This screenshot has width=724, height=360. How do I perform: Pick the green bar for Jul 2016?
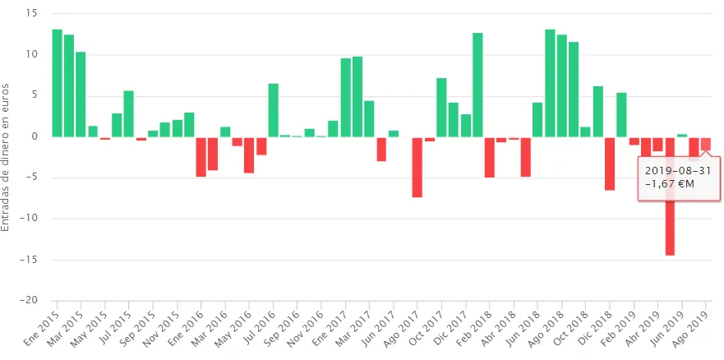click(273, 110)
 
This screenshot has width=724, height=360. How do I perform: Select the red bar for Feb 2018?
click(490, 157)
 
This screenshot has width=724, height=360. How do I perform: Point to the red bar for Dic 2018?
click(610, 163)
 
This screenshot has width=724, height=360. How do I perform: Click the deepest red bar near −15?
click(670, 197)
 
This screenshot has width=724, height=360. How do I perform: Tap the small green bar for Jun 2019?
click(682, 135)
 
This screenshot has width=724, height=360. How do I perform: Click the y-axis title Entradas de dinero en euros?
click(7, 156)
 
